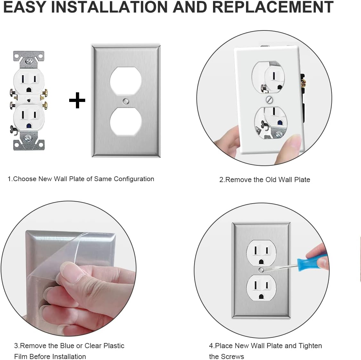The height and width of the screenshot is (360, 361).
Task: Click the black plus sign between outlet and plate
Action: coord(77,100)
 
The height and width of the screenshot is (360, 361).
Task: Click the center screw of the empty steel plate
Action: coord(126,101)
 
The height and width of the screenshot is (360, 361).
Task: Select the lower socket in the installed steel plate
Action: coord(261,288)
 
